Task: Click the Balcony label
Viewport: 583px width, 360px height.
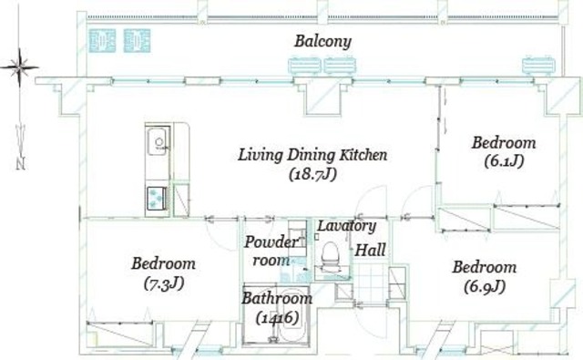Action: (322, 41)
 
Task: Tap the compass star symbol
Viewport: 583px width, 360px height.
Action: (19, 67)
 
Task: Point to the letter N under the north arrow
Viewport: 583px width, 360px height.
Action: (21, 164)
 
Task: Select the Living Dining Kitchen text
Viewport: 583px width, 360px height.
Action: (312, 155)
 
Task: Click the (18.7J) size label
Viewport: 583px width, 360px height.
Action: (312, 174)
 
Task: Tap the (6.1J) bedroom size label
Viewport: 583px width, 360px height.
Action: (504, 161)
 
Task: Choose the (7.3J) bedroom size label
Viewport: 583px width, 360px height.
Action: (164, 283)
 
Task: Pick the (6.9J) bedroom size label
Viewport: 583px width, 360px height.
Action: (485, 286)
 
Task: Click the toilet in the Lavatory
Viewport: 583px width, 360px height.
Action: (331, 256)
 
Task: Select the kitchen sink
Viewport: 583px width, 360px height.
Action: (158, 141)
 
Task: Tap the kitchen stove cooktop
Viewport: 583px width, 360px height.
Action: (157, 198)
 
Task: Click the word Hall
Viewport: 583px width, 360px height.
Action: (371, 250)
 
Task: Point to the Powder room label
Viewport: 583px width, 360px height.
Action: (271, 251)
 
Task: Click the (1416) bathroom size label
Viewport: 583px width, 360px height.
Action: (277, 317)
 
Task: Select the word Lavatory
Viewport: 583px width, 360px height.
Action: (346, 226)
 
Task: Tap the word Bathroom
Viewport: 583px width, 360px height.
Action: (277, 298)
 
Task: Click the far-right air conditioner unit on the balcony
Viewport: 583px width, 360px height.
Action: (538, 65)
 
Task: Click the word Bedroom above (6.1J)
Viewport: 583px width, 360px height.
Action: (504, 143)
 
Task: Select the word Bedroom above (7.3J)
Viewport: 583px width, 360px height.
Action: (164, 263)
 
